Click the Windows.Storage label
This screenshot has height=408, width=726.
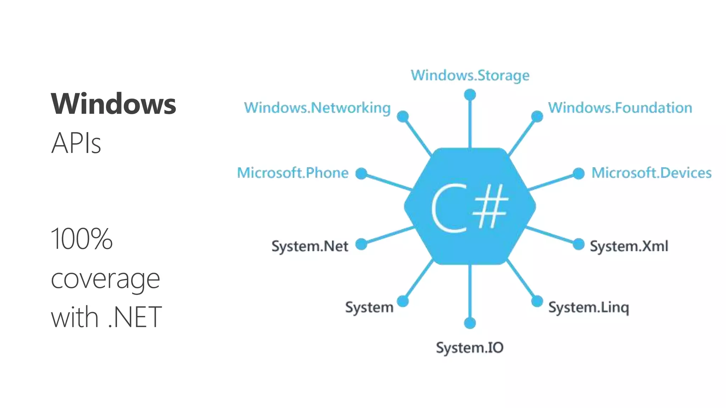(x=470, y=75)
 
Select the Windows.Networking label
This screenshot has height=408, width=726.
(x=317, y=108)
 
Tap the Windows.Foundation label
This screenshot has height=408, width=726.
(x=620, y=108)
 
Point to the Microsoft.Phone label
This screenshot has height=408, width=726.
(x=293, y=173)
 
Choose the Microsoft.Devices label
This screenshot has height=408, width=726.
(x=652, y=173)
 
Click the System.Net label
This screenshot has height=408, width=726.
(x=310, y=246)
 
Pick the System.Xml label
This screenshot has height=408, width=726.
(x=629, y=246)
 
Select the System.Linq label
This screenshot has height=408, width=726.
(x=589, y=307)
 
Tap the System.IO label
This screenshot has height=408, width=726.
(x=470, y=348)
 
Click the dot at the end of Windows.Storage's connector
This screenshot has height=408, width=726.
(x=470, y=95)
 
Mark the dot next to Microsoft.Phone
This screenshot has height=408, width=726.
(x=361, y=174)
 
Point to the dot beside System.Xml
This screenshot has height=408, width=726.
(x=579, y=244)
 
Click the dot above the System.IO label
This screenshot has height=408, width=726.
(x=470, y=323)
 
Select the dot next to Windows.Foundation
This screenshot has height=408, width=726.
(x=537, y=117)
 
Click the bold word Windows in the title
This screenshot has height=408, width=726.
(x=113, y=104)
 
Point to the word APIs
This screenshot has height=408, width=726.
(x=76, y=143)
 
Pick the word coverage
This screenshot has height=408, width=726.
(x=105, y=279)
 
